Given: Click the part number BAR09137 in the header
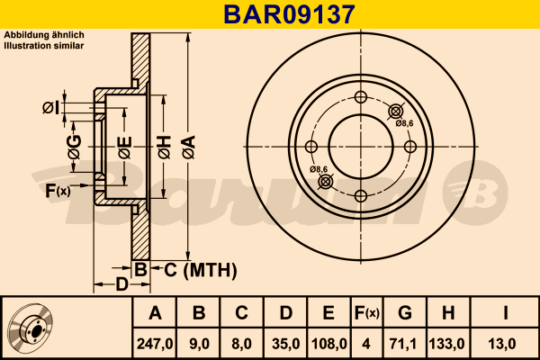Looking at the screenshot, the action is click(x=270, y=13).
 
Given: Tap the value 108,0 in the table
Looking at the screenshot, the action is click(x=328, y=342).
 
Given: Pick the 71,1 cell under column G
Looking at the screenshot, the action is click(x=405, y=342).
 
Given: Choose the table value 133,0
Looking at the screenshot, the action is click(x=447, y=342).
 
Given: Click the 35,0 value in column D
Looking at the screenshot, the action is click(x=285, y=342).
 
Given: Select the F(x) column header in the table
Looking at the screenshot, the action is click(x=366, y=313).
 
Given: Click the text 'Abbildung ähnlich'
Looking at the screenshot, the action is click(x=44, y=35).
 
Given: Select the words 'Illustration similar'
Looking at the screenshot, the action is click(x=44, y=44).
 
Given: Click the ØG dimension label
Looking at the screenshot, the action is click(x=75, y=148).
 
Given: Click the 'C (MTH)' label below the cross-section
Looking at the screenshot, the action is click(x=200, y=269).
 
